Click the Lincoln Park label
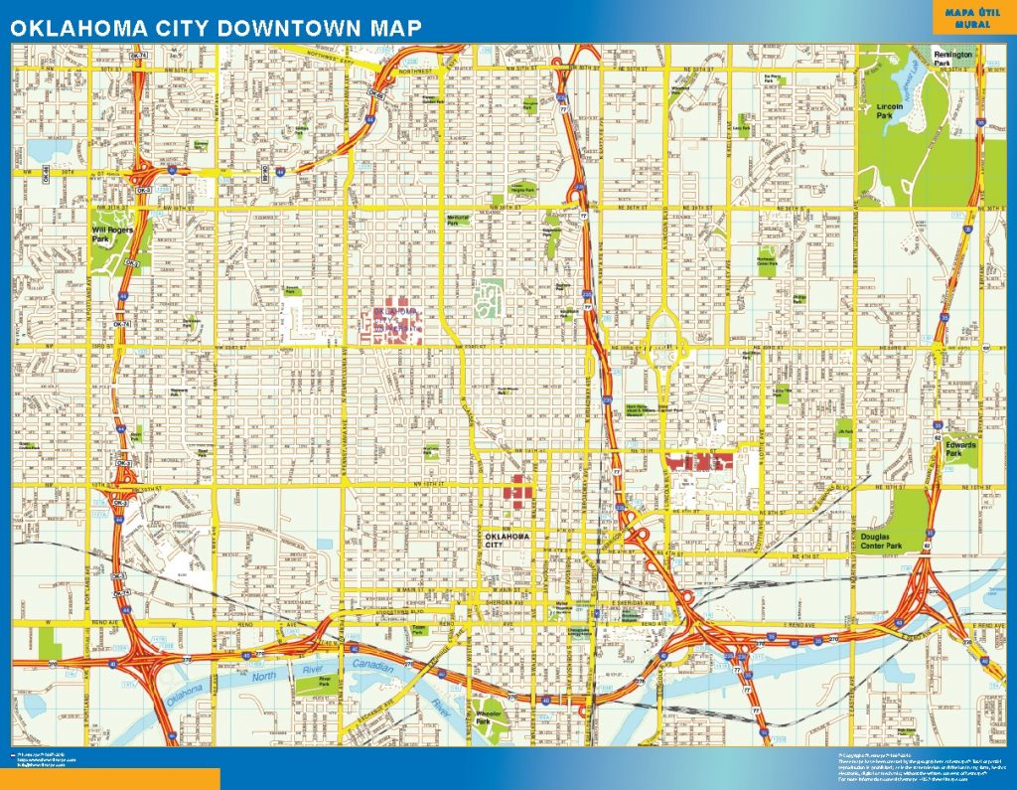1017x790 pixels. click(890, 110)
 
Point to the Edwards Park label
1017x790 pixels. click(960, 449)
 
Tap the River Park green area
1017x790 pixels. click(325, 683)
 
